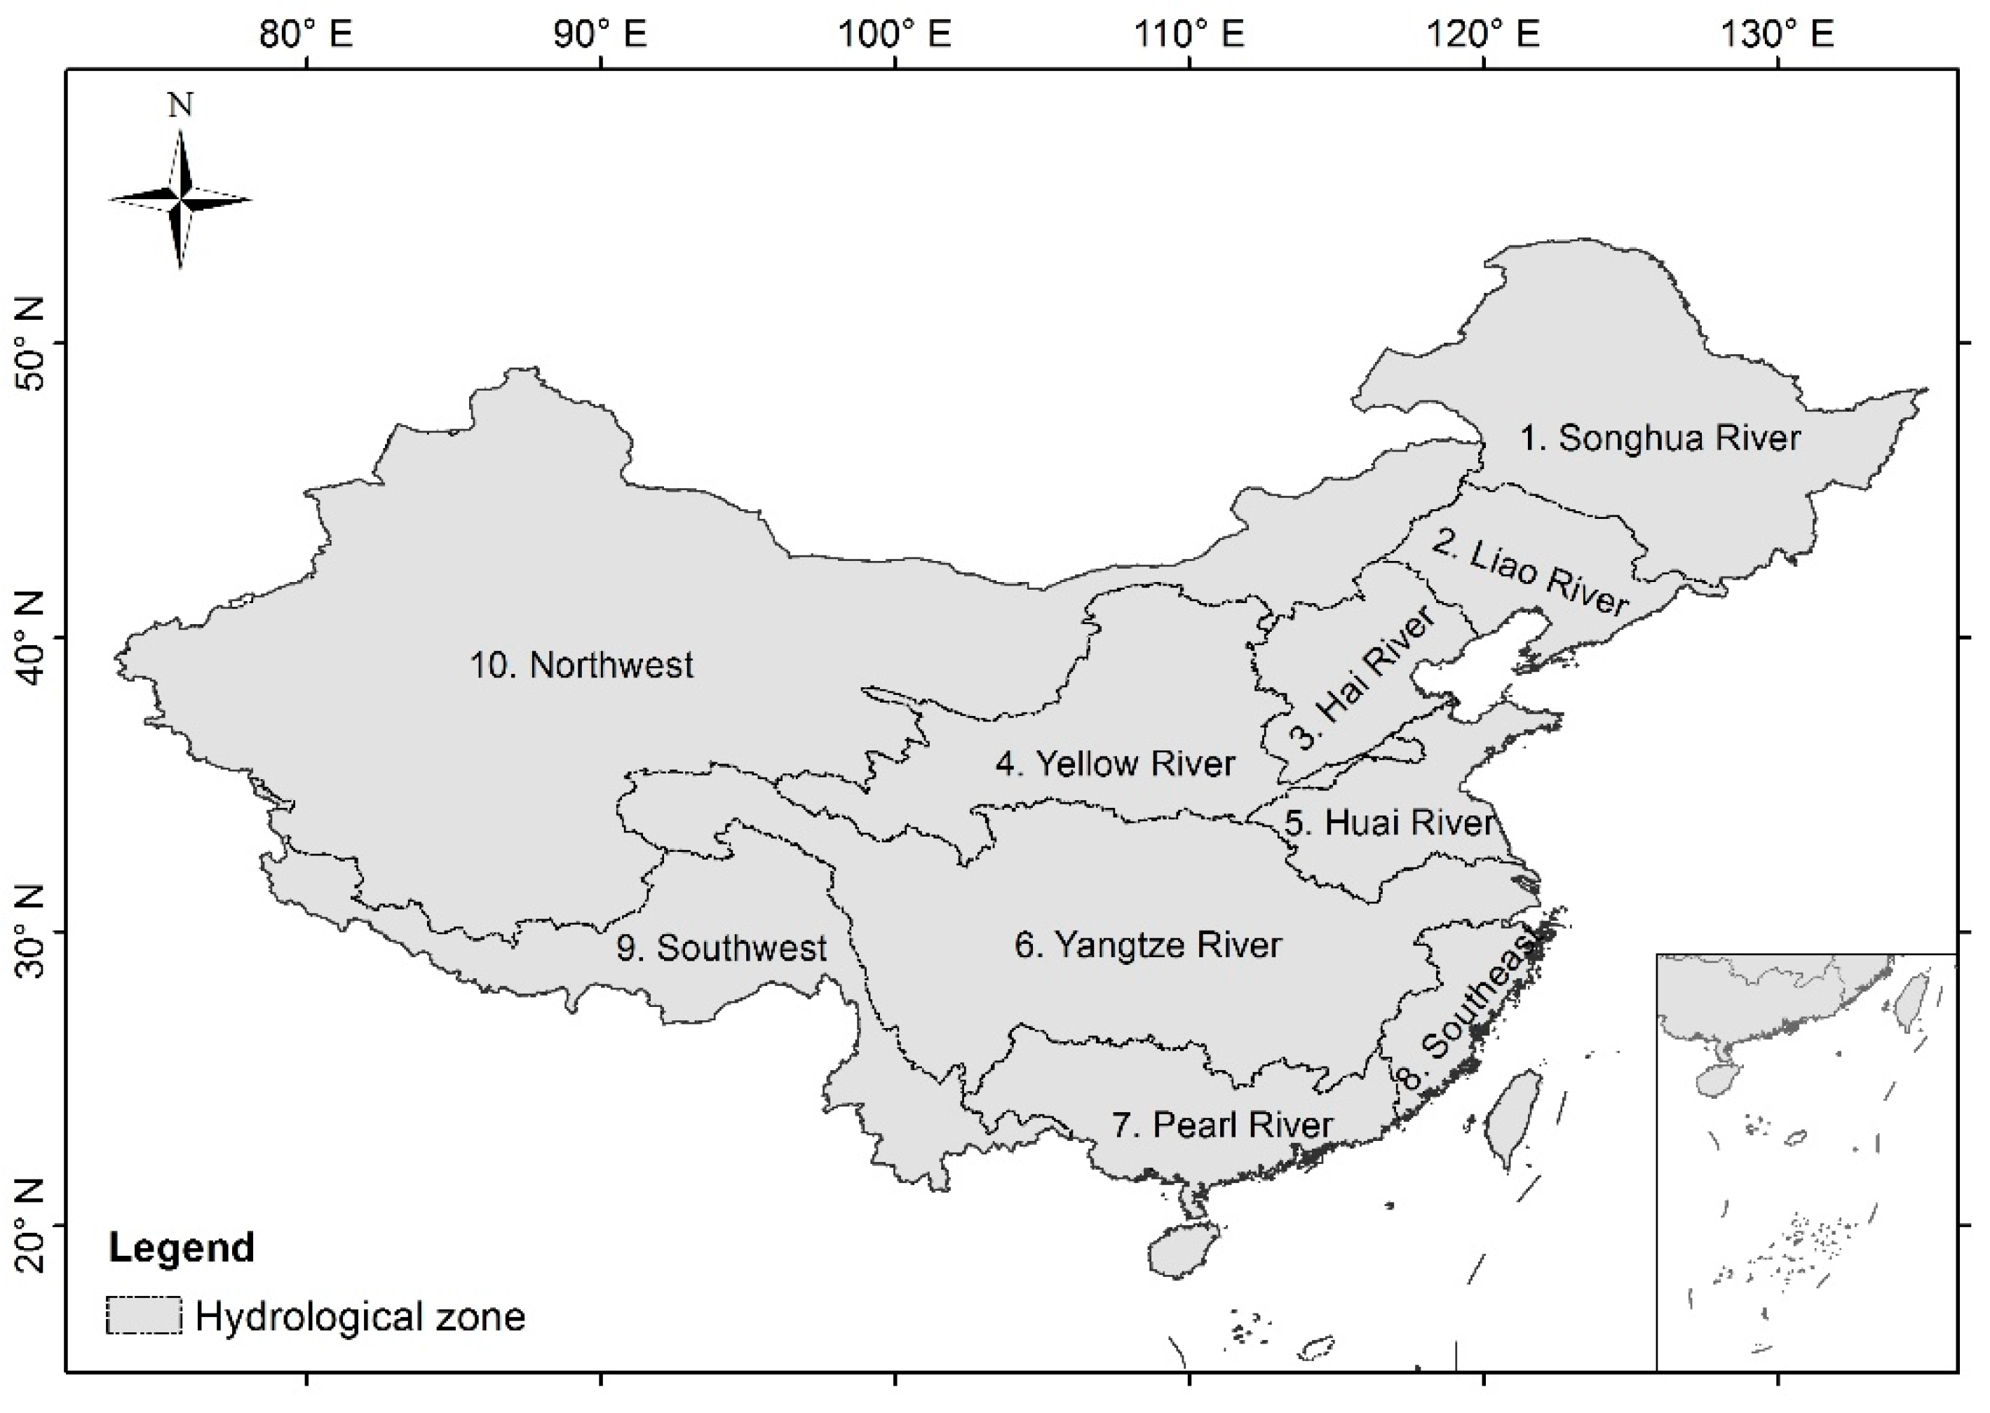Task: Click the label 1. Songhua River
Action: pyautogui.click(x=1660, y=438)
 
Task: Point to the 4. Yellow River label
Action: pyautogui.click(x=1115, y=764)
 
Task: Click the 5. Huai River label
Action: pyautogui.click(x=1389, y=823)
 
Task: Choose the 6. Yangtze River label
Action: pyautogui.click(x=1147, y=945)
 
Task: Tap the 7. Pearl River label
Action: pyautogui.click(x=1222, y=1125)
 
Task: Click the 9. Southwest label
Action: pyautogui.click(x=721, y=947)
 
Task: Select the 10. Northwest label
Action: pyautogui.click(x=581, y=665)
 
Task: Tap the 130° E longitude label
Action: pyautogui.click(x=1777, y=35)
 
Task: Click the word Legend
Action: pyautogui.click(x=181, y=1248)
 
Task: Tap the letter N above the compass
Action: pyautogui.click(x=180, y=106)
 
